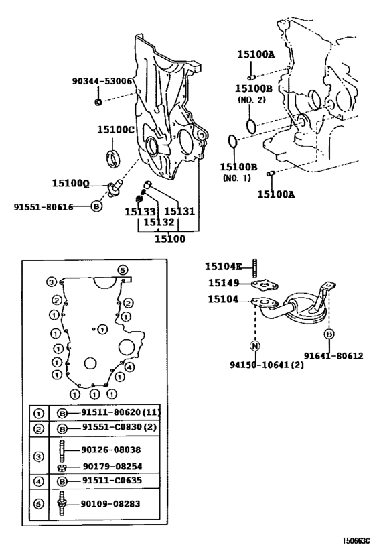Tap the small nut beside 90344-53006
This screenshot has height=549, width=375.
pyautogui.click(x=98, y=101)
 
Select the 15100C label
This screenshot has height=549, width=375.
pyautogui.click(x=116, y=129)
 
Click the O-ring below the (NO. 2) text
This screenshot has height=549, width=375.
pyautogui.click(x=250, y=125)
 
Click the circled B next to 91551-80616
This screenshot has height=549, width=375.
pyautogui.click(x=96, y=206)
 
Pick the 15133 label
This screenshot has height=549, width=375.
pyautogui.click(x=137, y=211)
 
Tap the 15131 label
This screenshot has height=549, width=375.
pyautogui.click(x=179, y=211)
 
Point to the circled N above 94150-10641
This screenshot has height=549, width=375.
pyautogui.click(x=255, y=346)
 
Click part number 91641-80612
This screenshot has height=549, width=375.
pyautogui.click(x=333, y=356)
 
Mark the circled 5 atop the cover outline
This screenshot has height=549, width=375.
pyautogui.click(x=122, y=269)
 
